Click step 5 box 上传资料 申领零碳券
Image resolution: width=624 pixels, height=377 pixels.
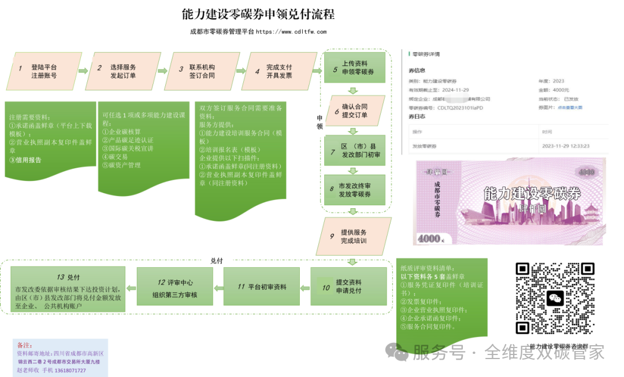(x=354, y=68)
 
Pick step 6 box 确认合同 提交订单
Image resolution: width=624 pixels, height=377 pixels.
(x=354, y=111)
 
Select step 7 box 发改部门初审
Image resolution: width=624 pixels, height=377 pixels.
(x=354, y=150)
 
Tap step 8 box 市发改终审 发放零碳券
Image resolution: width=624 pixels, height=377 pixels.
(x=354, y=190)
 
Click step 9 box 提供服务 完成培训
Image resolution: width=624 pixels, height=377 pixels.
(x=354, y=236)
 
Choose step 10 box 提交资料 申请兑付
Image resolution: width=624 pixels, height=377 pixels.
(x=348, y=286)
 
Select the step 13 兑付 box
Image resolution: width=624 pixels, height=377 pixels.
(x=68, y=289)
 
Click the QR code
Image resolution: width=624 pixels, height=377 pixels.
(x=555, y=298)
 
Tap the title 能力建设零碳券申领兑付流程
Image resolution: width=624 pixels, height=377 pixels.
(x=258, y=14)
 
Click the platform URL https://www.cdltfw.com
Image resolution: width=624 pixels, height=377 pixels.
(x=291, y=32)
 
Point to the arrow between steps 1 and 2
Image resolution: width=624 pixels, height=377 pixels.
(x=83, y=71)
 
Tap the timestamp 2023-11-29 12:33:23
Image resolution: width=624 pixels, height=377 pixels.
(x=566, y=146)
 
